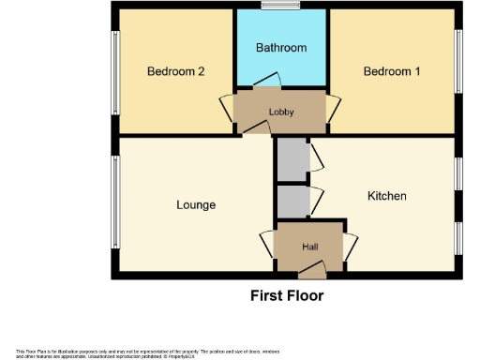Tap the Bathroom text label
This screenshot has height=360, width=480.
[x=281, y=47]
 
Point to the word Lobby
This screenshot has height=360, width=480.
[x=281, y=112]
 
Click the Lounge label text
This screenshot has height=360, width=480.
[x=196, y=204]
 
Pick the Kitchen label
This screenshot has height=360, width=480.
[x=386, y=196]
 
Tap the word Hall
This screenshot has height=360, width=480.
[x=308, y=247]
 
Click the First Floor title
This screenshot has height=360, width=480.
[x=287, y=296]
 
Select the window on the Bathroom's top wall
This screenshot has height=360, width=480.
[x=280, y=7]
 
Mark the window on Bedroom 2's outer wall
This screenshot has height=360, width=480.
[x=115, y=71]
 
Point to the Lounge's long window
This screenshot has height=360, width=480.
[x=115, y=204]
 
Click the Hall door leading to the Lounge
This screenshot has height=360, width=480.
[x=267, y=246]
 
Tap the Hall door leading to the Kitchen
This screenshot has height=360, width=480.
[x=350, y=246]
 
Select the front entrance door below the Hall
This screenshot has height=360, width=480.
[x=311, y=272]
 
